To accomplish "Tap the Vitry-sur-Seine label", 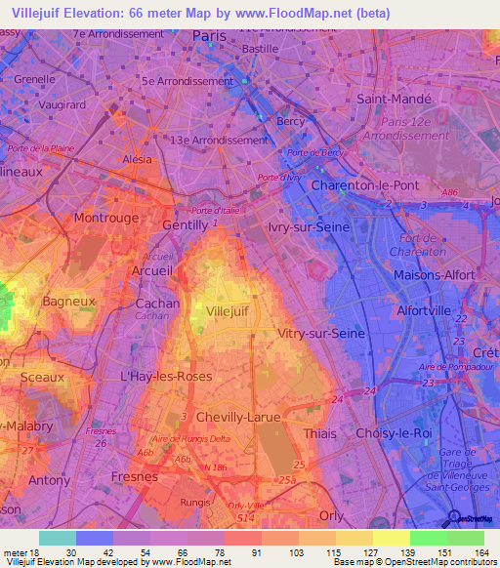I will coord(320,333).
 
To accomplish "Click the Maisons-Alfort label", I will coord(433,274).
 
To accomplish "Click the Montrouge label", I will coord(106,218).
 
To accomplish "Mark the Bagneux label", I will coord(69,302).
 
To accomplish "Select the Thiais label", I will coord(320,433).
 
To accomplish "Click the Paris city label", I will coord(209,35).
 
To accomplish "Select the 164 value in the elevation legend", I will coord(480,552).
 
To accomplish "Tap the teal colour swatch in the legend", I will coord(58,538).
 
